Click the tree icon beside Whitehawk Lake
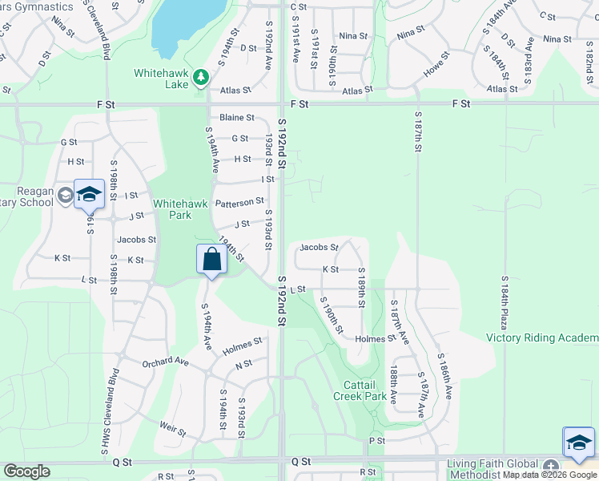coord(202,77)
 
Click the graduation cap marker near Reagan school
coord(90,195)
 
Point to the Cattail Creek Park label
coord(360,390)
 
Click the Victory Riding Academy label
coord(542,338)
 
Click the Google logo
coord(26,471)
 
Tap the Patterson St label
coord(239,202)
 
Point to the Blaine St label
coord(236,117)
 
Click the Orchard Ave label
coord(164,362)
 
